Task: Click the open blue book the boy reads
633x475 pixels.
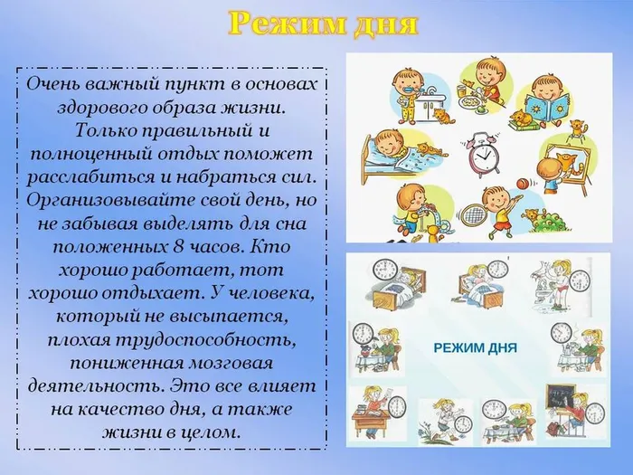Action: (x=551, y=102)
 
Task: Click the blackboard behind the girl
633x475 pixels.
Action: (x=561, y=399)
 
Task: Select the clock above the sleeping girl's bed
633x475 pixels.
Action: (x=385, y=270)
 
